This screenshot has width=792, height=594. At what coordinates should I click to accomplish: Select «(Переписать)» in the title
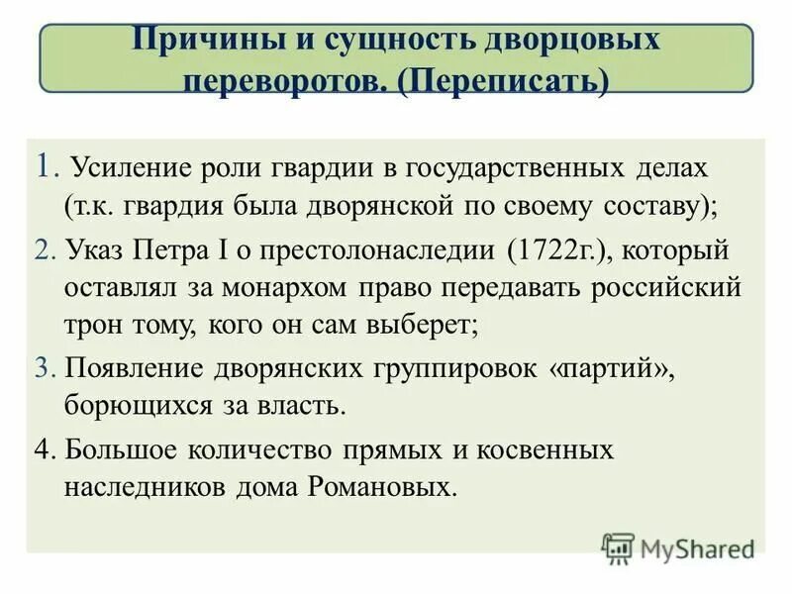(x=503, y=82)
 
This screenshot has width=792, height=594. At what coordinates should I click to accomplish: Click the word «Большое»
(x=125, y=448)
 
